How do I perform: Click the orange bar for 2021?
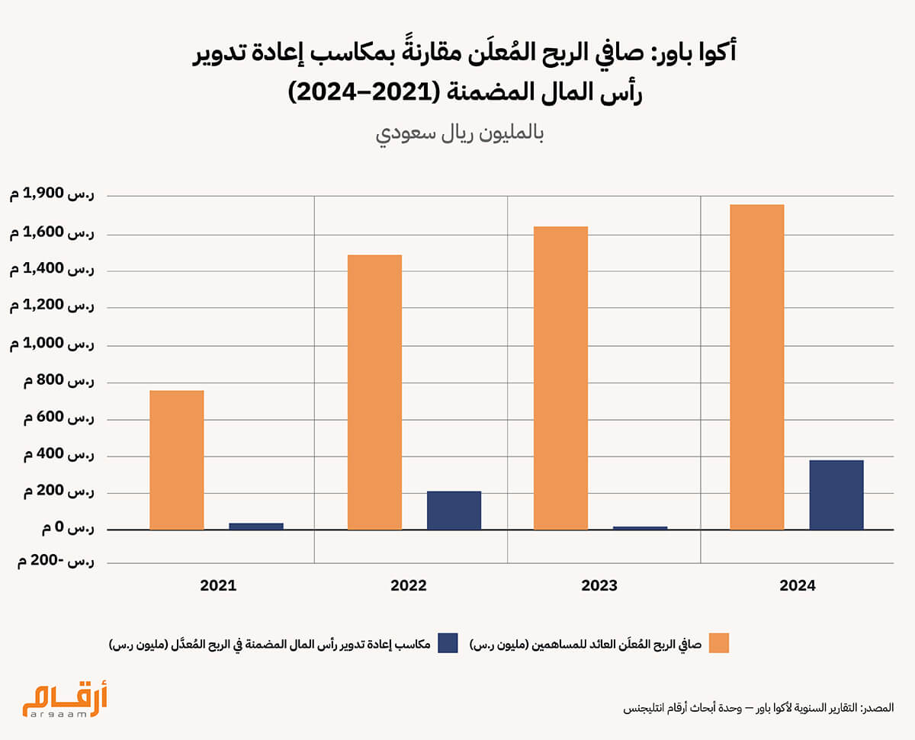pyautogui.click(x=176, y=460)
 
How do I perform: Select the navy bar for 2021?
pyautogui.click(x=256, y=526)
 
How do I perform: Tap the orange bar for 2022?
pyautogui.click(x=374, y=392)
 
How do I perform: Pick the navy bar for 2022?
pyautogui.click(x=454, y=510)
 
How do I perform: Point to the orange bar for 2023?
pyautogui.click(x=560, y=378)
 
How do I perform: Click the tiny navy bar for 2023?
pyautogui.click(x=640, y=527)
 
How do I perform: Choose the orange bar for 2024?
pyautogui.click(x=756, y=367)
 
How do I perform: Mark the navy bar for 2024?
pyautogui.click(x=836, y=495)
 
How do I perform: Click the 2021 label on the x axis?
pyautogui.click(x=218, y=586)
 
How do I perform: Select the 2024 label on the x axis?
pyautogui.click(x=797, y=586)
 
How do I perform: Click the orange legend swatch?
pyautogui.click(x=718, y=642)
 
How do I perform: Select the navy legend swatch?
pyautogui.click(x=447, y=642)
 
